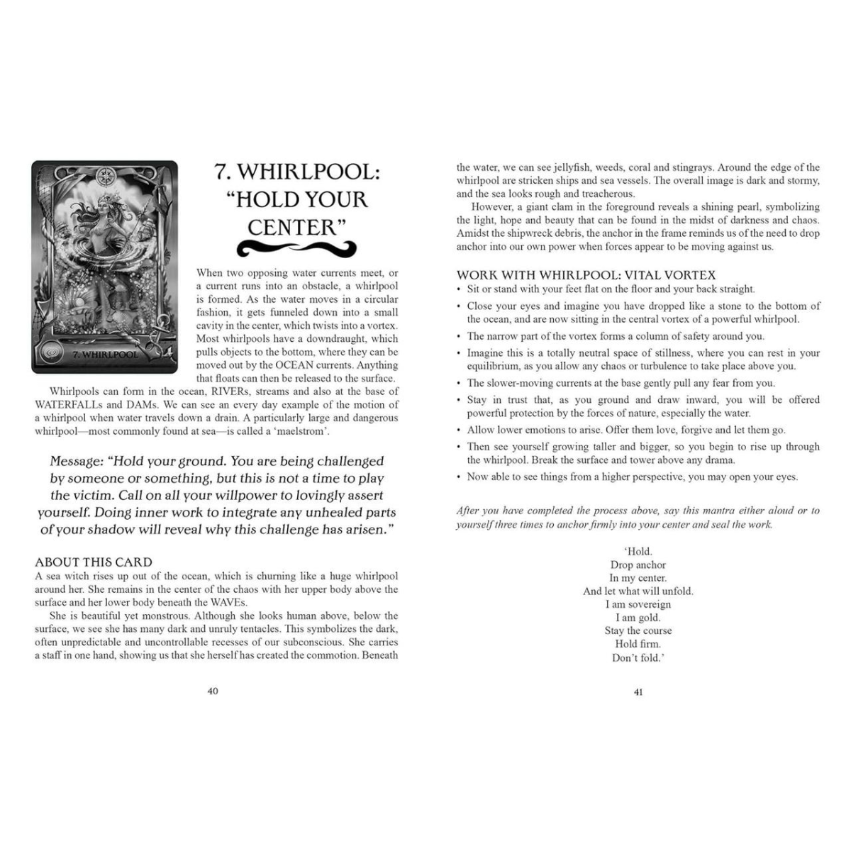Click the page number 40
(x=213, y=691)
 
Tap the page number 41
(x=638, y=691)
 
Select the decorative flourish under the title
(x=296, y=247)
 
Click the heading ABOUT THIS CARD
(x=94, y=562)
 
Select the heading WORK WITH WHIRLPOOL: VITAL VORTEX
(x=586, y=274)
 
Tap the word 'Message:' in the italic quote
(x=77, y=462)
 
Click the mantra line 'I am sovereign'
(x=638, y=604)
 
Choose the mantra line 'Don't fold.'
(x=638, y=657)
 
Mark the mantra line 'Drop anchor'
(x=638, y=565)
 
